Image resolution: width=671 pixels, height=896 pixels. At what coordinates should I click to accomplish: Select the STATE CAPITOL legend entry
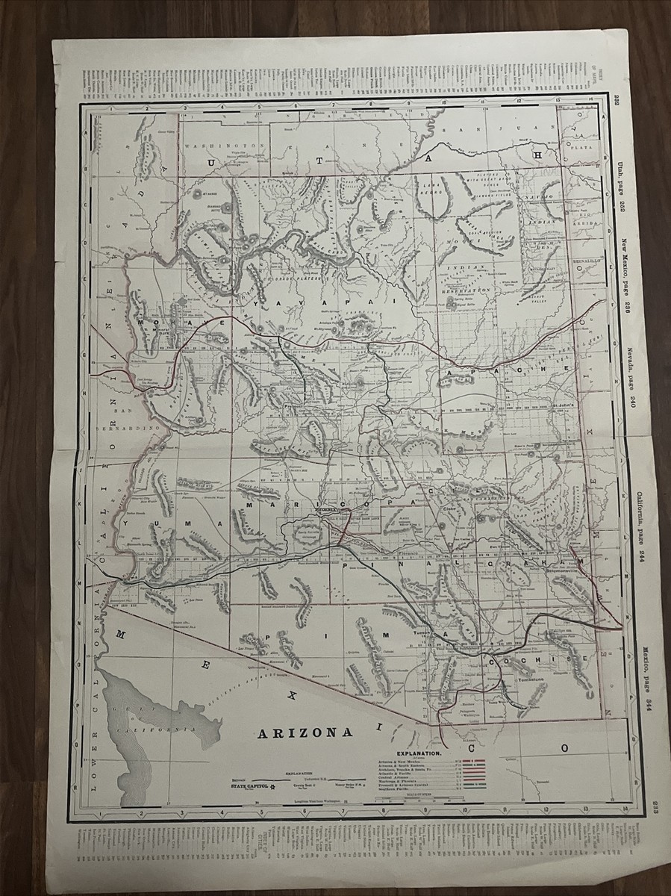coord(249,785)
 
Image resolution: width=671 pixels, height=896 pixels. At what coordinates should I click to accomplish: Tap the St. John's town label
coord(565,407)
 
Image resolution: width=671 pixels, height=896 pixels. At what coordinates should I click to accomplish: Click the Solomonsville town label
coord(569,567)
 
